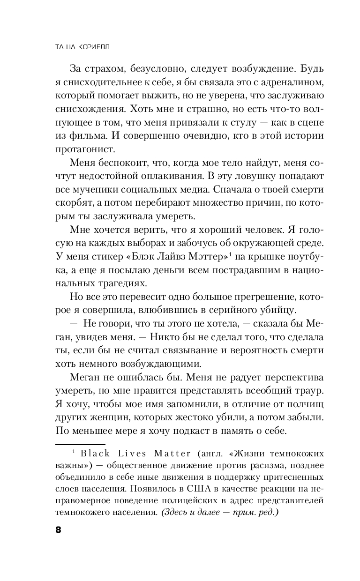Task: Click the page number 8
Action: [x=58, y=529]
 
